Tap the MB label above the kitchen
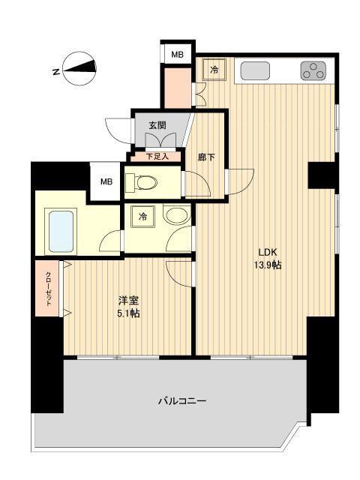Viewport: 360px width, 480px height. pos(177,54)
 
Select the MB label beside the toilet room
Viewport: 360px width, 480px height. pos(106,181)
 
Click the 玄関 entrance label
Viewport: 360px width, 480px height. pos(157,125)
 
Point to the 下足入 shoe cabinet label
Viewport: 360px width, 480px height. pos(157,157)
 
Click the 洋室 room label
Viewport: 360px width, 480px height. pos(127,298)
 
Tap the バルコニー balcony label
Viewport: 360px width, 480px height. pos(181,400)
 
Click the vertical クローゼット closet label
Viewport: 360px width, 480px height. pos(48,288)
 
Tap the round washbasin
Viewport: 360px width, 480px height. pos(175,217)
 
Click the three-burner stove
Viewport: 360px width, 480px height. pos(313,71)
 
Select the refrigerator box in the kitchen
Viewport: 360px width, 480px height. pos(214,70)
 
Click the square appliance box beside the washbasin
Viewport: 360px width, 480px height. pos(142,217)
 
